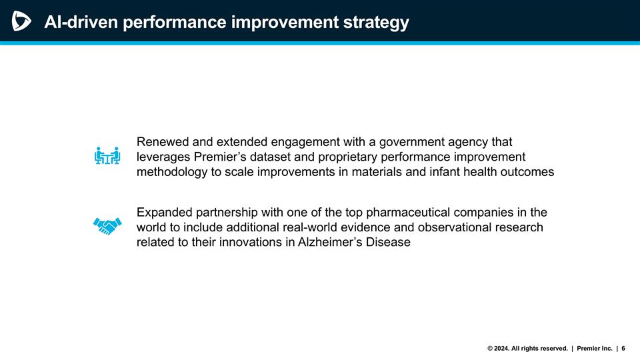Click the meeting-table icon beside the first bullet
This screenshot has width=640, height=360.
[x=107, y=156]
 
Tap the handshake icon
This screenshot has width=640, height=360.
[x=107, y=226]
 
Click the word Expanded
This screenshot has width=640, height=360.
[x=164, y=213]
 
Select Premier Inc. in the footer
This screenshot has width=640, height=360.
[x=595, y=348]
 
